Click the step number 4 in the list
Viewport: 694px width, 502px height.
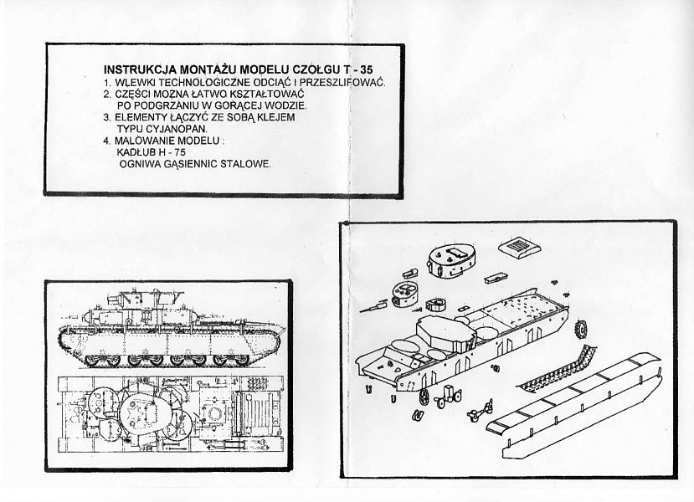(106, 141)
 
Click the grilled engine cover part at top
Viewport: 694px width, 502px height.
(518, 246)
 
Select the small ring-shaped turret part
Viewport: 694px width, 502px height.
(435, 305)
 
